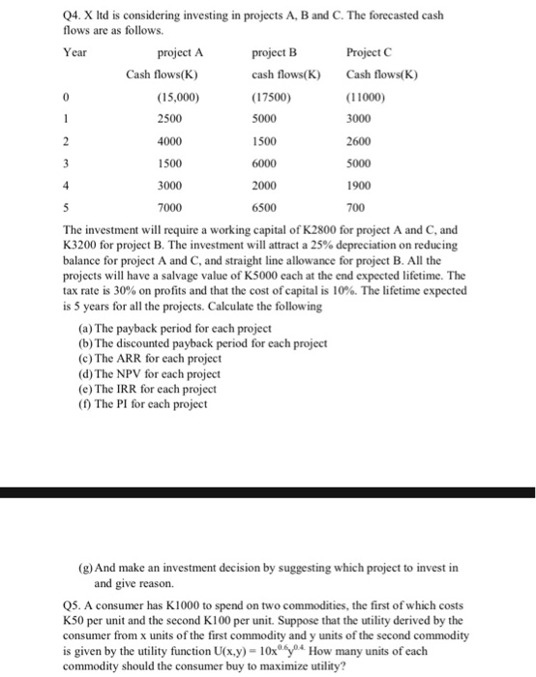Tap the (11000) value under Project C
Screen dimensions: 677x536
click(364, 97)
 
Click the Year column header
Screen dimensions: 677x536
click(47, 52)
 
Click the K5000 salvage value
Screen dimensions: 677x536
click(243, 276)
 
